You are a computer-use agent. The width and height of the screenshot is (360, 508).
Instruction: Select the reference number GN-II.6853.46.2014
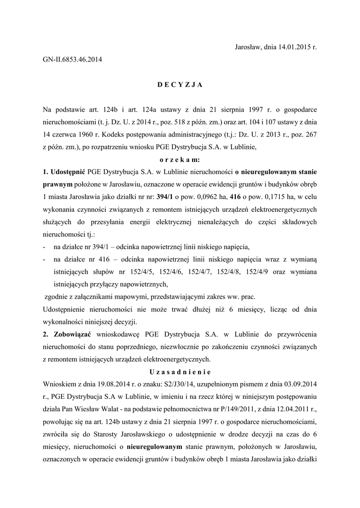pyautogui.click(x=72, y=60)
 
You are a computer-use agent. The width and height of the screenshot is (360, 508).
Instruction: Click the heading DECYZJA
pyautogui.click(x=180, y=85)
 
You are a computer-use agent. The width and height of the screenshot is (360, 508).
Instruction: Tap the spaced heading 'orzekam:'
pyautogui.click(x=180, y=160)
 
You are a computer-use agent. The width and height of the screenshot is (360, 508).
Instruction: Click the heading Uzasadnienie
pyautogui.click(x=180, y=372)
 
